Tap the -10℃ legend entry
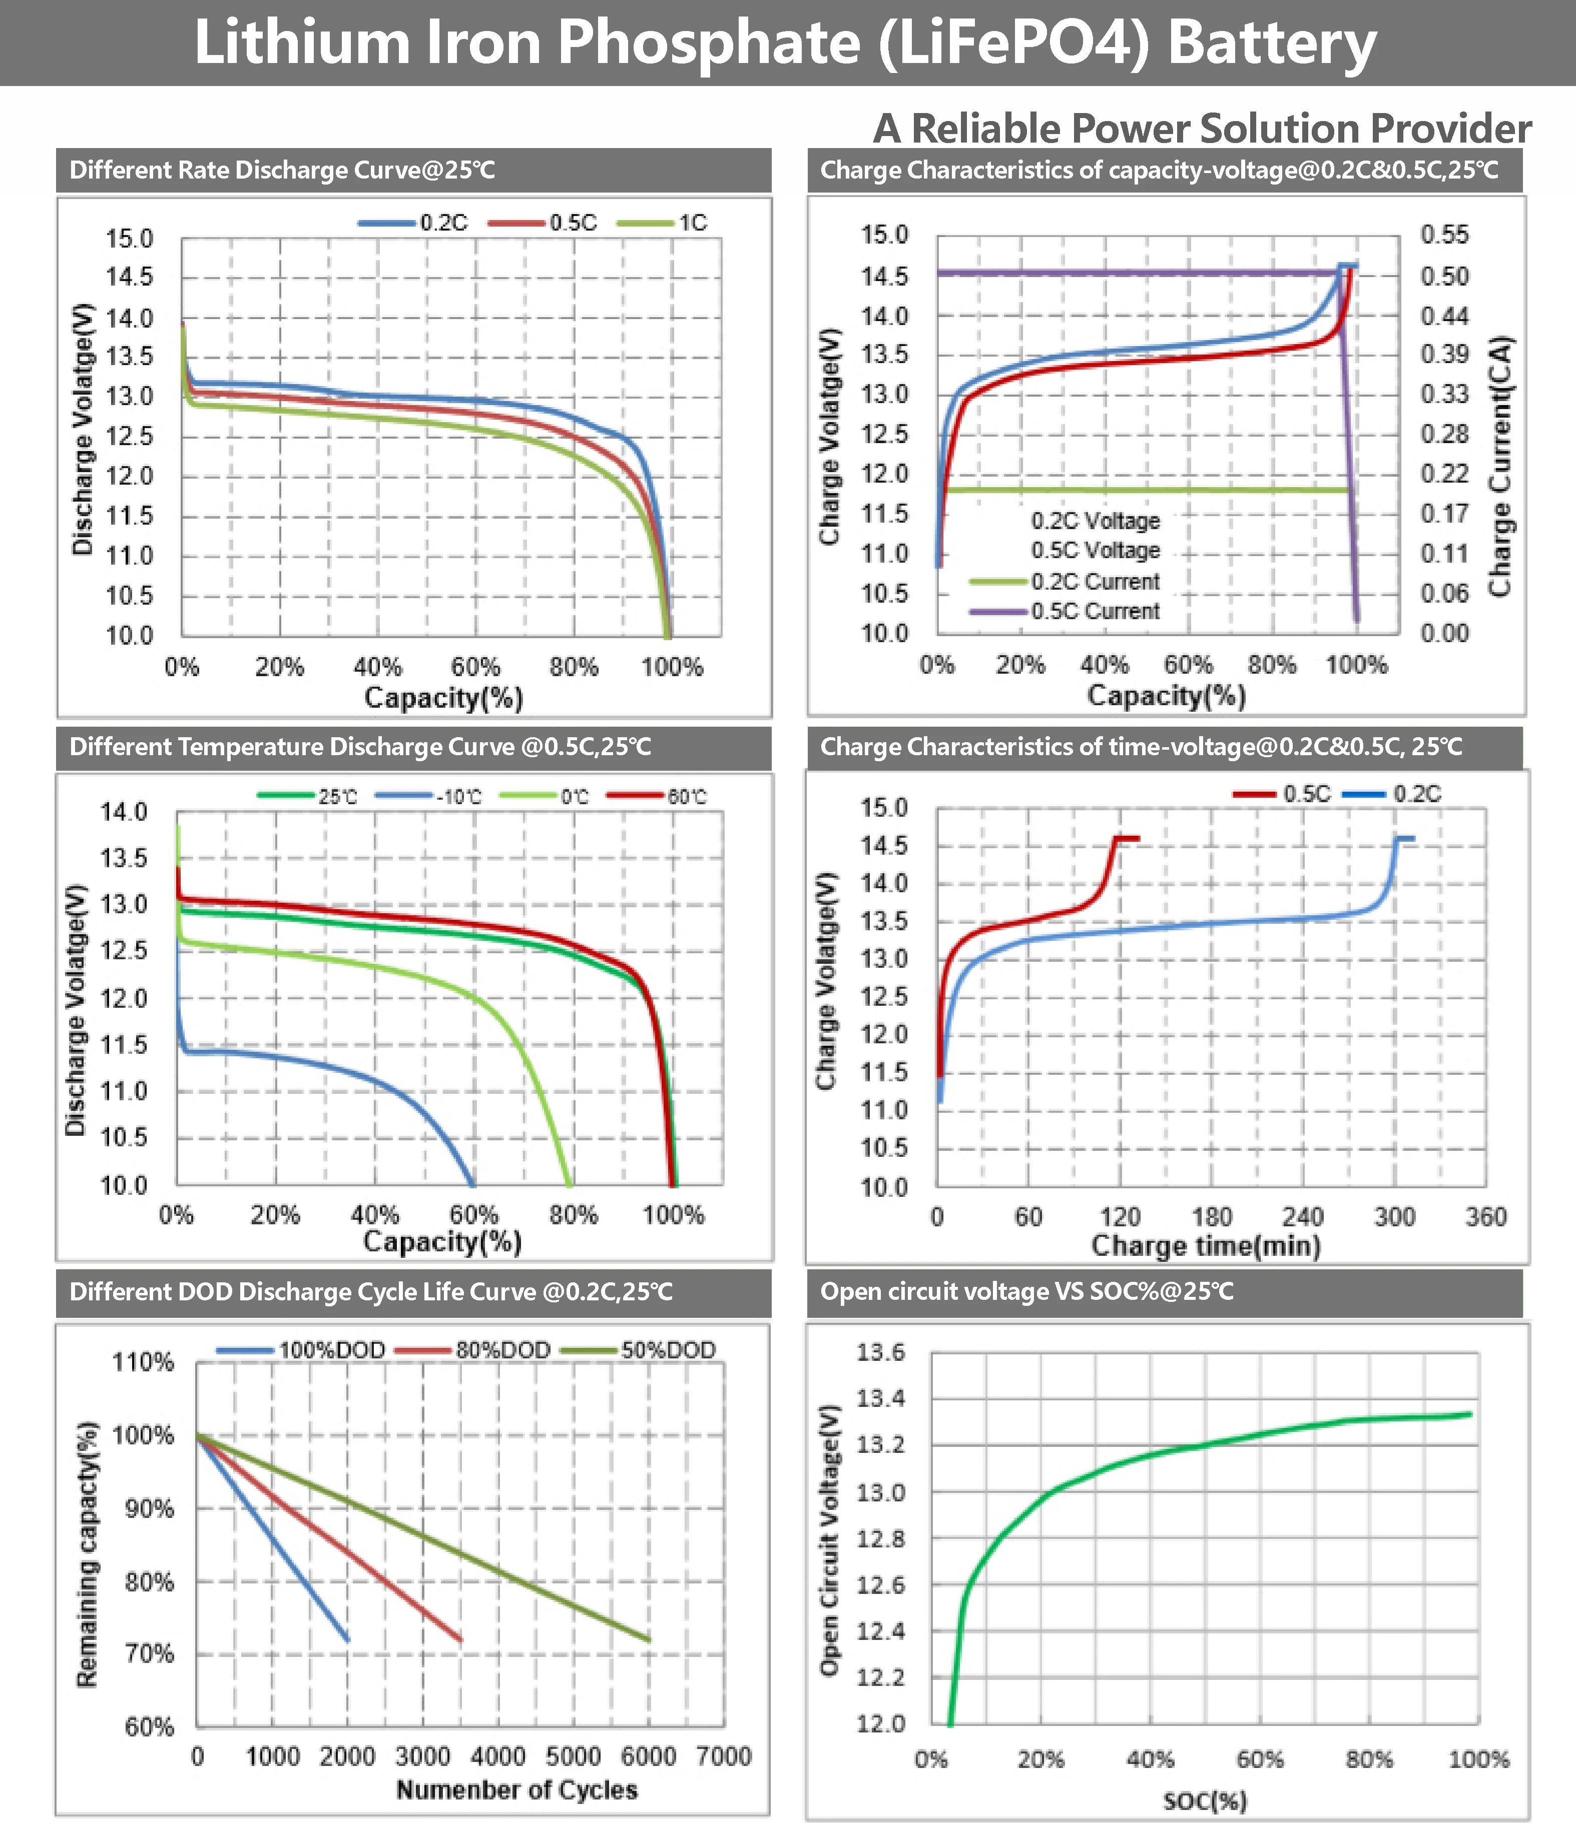tap(458, 797)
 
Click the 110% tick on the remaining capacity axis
tap(143, 1362)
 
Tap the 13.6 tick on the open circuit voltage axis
tap(881, 1352)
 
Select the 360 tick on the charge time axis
tap(1485, 1217)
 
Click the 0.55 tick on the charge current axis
tap(1444, 235)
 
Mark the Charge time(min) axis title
tap(1206, 1245)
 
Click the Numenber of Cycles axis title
tap(517, 1790)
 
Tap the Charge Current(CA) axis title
tap(1500, 466)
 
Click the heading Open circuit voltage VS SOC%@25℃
tap(1027, 1292)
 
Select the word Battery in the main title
tap(1272, 43)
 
